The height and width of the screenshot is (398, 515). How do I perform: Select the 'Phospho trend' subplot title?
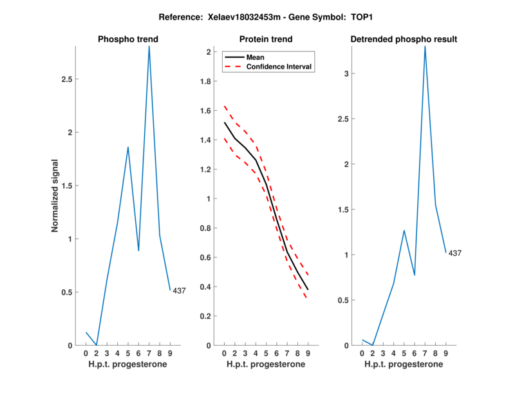[x=127, y=39]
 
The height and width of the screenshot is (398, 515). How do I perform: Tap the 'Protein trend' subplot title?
[x=265, y=39]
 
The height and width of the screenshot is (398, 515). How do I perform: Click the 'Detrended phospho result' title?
[x=404, y=39]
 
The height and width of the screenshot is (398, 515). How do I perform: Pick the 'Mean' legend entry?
[x=256, y=57]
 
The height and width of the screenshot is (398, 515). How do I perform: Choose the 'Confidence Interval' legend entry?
[x=279, y=66]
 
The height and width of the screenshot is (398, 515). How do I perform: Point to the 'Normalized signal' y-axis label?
[x=55, y=196]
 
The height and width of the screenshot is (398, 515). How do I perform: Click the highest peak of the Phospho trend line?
[x=149, y=47]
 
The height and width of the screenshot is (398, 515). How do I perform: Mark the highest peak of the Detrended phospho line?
[x=425, y=46]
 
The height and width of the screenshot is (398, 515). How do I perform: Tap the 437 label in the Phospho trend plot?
[x=179, y=290]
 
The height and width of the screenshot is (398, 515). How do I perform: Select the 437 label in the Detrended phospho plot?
[x=454, y=253]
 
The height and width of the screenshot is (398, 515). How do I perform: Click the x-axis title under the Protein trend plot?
[x=265, y=365]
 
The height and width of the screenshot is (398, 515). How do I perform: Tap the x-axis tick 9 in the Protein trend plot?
[x=308, y=354]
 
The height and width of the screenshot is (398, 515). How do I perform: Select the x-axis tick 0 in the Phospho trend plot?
[x=86, y=354]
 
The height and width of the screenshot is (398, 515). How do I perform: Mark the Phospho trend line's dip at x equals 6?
[x=138, y=251]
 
